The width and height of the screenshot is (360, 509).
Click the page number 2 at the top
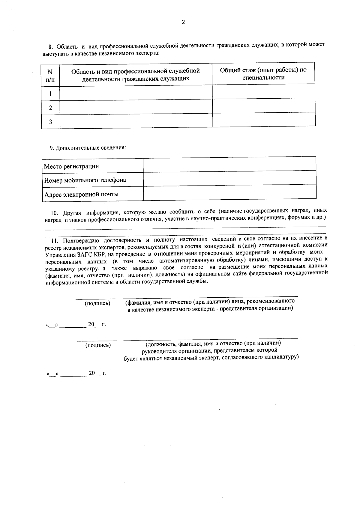click(183, 22)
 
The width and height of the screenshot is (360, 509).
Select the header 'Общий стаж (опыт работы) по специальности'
click(263, 74)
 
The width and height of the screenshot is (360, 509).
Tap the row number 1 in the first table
click(50, 94)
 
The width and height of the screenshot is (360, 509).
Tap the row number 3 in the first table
click(50, 122)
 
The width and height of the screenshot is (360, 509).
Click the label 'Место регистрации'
click(71, 166)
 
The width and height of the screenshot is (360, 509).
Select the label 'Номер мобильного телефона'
click(85, 180)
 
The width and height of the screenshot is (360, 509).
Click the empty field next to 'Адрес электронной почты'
click(229, 192)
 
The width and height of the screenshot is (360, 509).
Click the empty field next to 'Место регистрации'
click(229, 164)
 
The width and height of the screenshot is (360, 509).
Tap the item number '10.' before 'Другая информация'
click(54, 213)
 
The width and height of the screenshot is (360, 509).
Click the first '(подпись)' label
click(97, 303)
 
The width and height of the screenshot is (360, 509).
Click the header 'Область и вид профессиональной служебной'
click(136, 71)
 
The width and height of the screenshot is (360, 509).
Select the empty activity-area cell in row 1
click(136, 93)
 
